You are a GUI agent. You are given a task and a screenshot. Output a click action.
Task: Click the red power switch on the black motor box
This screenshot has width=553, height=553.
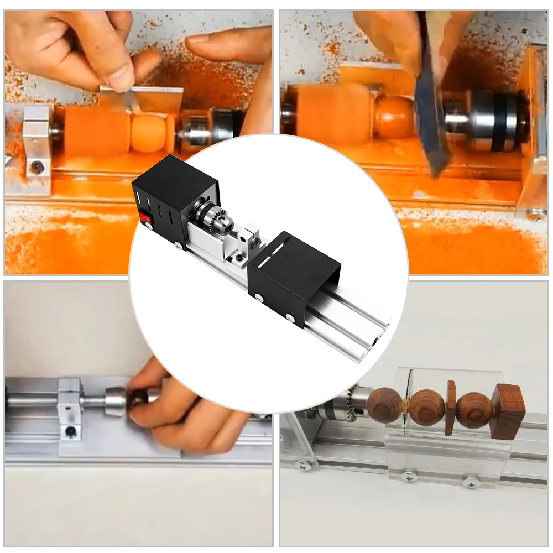(147, 219)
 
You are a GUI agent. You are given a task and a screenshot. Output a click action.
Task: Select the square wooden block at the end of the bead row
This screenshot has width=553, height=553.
(508, 410)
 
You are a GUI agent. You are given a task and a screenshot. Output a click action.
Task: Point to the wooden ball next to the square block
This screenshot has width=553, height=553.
(474, 411)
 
